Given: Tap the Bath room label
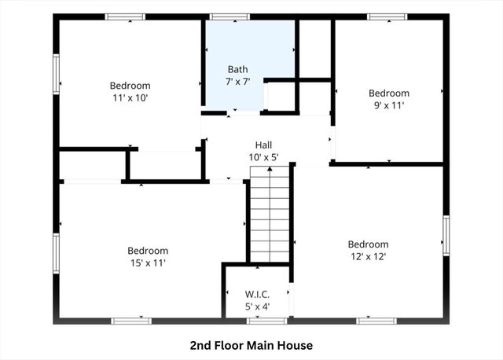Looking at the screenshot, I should tap(237, 69).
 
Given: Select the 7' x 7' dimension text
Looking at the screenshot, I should tap(237, 81).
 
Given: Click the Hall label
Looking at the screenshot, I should tap(263, 145).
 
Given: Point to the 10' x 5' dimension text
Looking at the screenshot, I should tap(263, 157).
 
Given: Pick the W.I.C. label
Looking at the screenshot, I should tap(257, 295).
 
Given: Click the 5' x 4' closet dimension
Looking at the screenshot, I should tap(257, 307).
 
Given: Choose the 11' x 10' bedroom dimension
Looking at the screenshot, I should tap(130, 98).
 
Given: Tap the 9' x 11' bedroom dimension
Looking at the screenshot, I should tap(388, 105).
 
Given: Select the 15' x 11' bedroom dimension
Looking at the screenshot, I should tap(147, 263).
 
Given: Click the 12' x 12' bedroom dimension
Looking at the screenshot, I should tap(368, 256).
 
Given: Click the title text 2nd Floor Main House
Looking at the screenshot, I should tap(251, 345).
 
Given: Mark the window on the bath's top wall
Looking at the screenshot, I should tap(229, 17).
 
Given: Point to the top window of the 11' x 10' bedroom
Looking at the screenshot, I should tap(125, 17).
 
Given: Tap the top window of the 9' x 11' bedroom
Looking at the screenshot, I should tap(387, 17).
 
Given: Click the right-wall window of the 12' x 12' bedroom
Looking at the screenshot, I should tap(446, 236).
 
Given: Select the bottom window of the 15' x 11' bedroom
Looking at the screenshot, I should tap(131, 321).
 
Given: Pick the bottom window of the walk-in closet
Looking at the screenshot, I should tap(256, 321).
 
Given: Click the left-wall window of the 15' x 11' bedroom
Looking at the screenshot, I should tap(56, 253).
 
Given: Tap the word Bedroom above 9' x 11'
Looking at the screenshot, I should tap(388, 93).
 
